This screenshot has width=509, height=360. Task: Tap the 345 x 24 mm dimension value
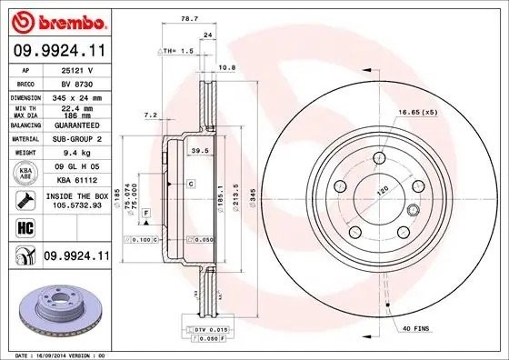click(x=76, y=95)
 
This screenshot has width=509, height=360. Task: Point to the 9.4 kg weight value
click(x=76, y=154)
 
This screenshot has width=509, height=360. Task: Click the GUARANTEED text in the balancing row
click(x=76, y=125)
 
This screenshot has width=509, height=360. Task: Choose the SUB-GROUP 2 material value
click(x=76, y=139)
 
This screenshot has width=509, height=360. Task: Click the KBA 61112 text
click(x=76, y=180)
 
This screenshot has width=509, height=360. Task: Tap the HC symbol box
click(x=25, y=228)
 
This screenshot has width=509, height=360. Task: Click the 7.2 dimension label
click(x=153, y=115)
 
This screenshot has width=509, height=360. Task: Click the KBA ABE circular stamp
click(x=25, y=173)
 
